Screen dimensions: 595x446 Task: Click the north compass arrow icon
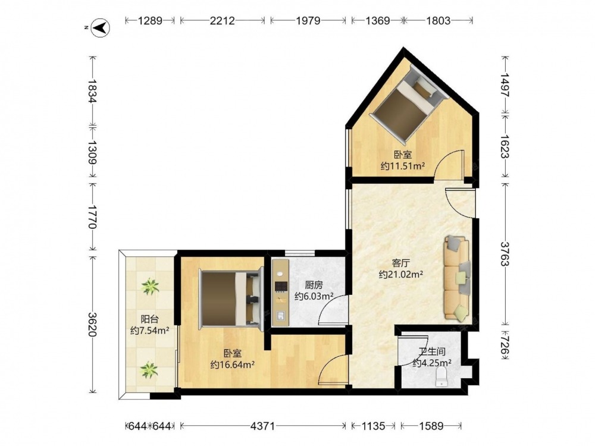click(100, 28)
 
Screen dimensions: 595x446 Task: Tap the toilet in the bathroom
click(441, 378)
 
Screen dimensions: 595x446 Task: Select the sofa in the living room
click(457, 278)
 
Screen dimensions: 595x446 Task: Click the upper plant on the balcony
click(151, 287)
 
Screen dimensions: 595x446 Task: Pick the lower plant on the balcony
click(149, 370)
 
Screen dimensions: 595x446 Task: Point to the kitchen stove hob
click(281, 287)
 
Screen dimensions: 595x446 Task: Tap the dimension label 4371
click(262, 426)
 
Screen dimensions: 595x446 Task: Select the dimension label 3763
click(505, 254)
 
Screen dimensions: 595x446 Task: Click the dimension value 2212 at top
click(223, 20)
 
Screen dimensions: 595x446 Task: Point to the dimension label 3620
click(92, 324)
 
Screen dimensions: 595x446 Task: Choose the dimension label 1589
click(431, 426)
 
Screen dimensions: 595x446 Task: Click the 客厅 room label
click(400, 263)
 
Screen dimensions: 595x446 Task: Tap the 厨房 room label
click(314, 285)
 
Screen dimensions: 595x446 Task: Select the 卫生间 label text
click(432, 351)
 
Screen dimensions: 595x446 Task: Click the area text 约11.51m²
click(403, 166)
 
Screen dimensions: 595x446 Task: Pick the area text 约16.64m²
click(233, 365)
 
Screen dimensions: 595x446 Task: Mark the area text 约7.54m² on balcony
click(149, 331)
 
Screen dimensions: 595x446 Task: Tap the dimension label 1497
click(505, 84)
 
